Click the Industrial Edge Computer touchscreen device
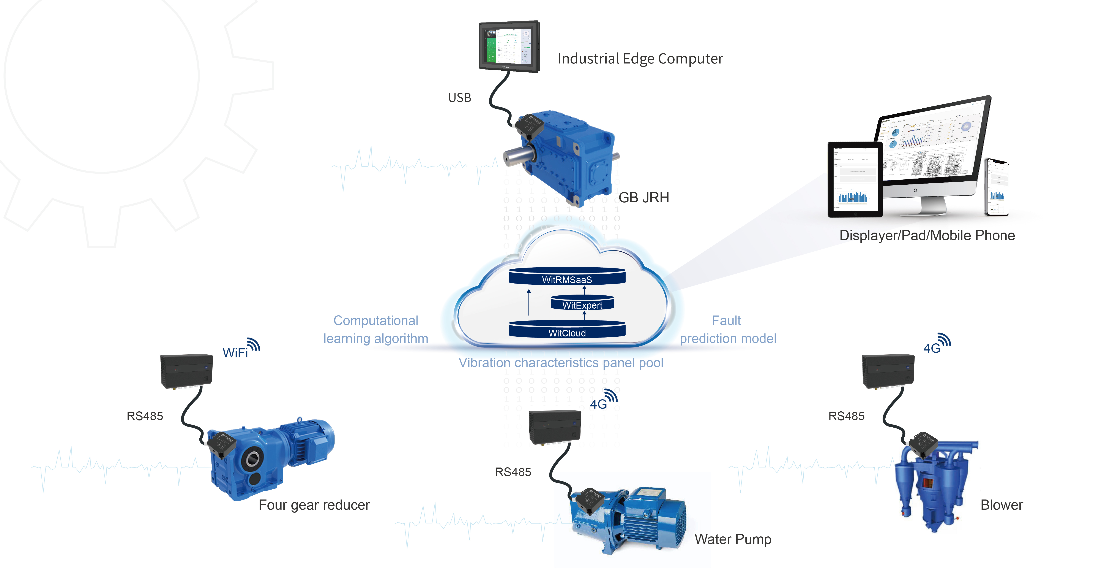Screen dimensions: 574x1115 click(x=509, y=46)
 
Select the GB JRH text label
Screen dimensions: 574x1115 click(x=644, y=198)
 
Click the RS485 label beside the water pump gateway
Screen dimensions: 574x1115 click(x=513, y=472)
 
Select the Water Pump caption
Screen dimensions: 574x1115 click(x=733, y=539)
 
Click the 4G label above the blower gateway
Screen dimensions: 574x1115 click(x=932, y=348)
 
